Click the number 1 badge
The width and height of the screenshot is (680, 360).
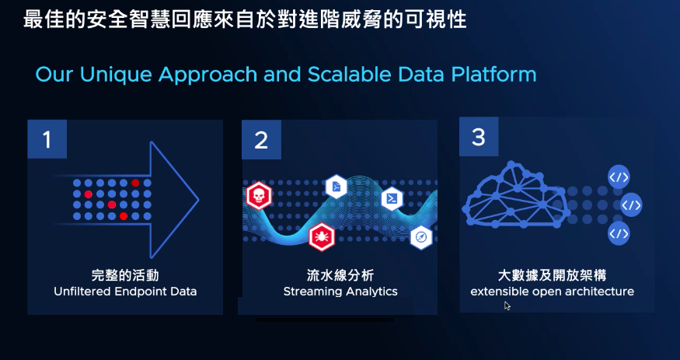[47, 139]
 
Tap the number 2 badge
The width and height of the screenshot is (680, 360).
[261, 140]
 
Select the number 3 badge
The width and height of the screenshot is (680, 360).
[479, 137]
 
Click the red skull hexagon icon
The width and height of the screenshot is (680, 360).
[259, 196]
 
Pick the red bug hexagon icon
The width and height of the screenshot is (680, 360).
[322, 237]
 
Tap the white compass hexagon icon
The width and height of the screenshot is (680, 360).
[421, 238]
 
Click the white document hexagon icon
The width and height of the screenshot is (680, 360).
[337, 187]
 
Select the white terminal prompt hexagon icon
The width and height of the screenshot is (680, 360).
[392, 199]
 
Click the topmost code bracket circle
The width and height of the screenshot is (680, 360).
[619, 177]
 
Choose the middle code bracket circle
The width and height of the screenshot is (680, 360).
[630, 204]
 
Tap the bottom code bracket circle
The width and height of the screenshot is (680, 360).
[619, 233]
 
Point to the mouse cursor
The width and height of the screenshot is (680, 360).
[507, 306]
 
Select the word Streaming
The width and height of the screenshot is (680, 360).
[309, 291]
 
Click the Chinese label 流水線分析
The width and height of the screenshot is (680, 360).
[340, 275]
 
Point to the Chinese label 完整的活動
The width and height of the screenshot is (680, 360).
[125, 275]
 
